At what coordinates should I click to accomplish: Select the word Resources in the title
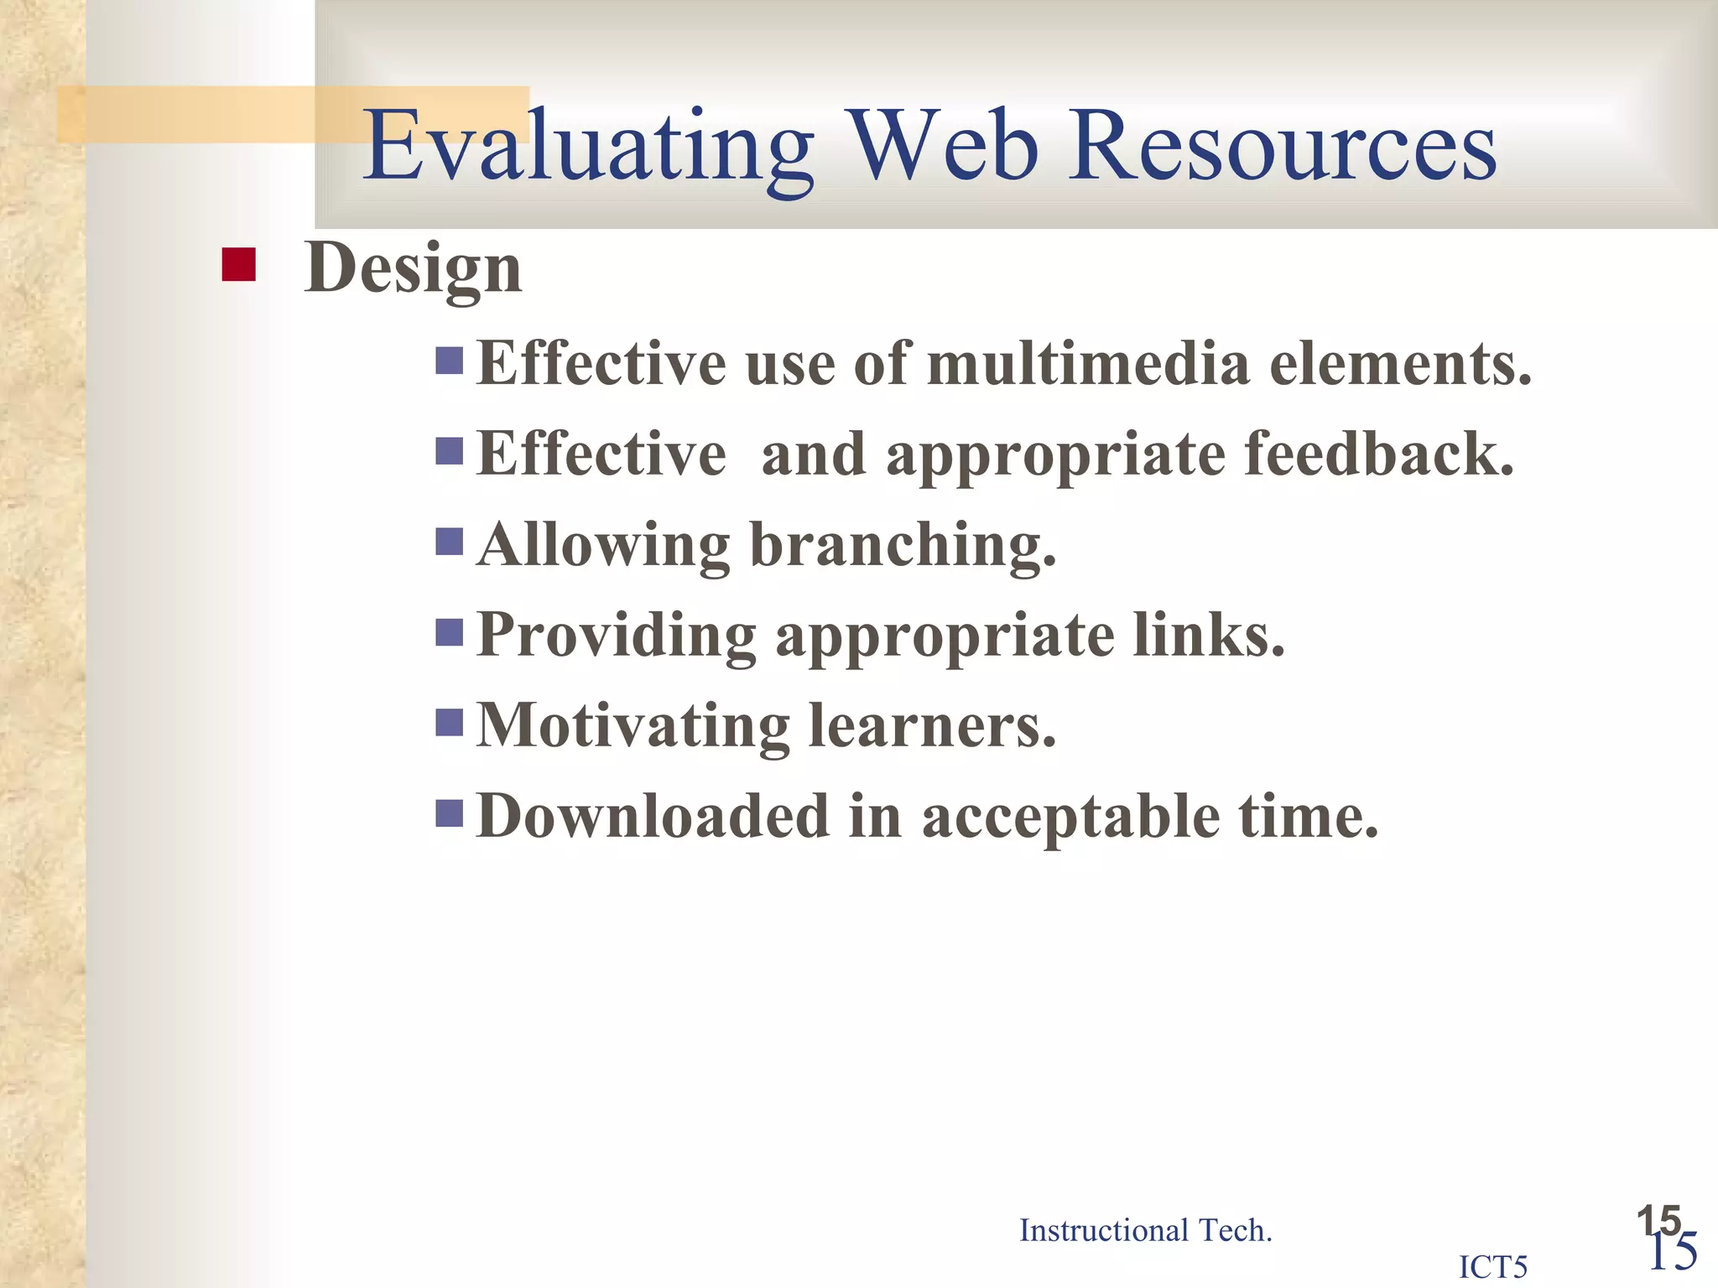tap(1283, 147)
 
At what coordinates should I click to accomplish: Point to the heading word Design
tap(414, 268)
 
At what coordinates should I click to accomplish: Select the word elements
tap(1400, 365)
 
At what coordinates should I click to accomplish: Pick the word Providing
tap(617, 636)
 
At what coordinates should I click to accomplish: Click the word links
tap(1209, 635)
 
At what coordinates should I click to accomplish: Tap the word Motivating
tap(633, 725)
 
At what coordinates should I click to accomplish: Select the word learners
tap(932, 725)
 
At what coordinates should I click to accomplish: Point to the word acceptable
tap(1071, 818)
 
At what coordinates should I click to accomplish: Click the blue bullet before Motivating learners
tap(450, 722)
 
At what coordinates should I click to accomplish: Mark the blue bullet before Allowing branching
tap(450, 542)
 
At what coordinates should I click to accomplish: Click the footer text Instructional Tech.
tap(1145, 1230)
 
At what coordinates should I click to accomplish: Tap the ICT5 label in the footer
tap(1493, 1266)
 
